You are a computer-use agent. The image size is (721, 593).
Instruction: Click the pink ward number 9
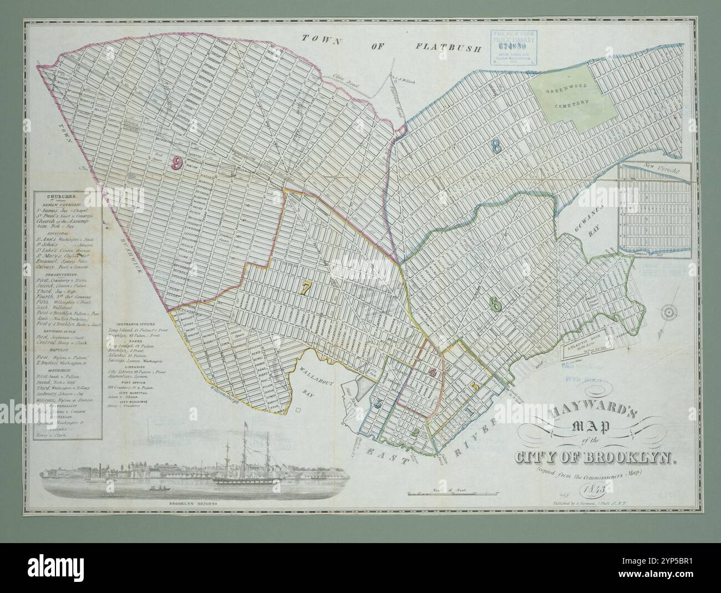[177, 163]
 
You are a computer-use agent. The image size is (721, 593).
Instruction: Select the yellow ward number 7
[306, 287]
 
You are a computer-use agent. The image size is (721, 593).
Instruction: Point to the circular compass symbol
[669, 313]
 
